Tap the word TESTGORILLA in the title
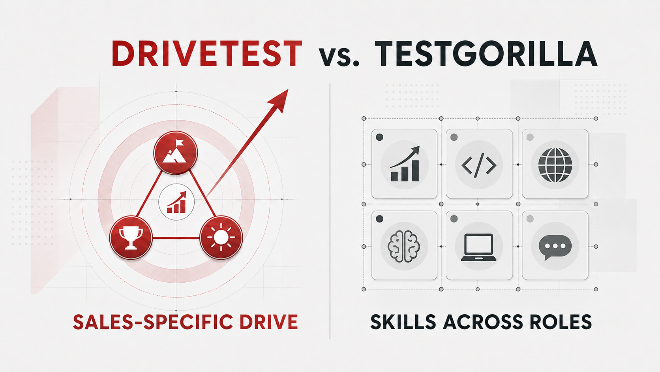tap(486, 54)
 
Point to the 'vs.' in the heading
tap(339, 57)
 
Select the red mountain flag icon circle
tap(176, 153)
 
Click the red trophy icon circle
tap(131, 238)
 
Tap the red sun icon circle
tap(221, 238)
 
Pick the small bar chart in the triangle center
tap(176, 202)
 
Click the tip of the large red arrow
tap(288, 89)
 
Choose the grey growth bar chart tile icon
tap(405, 164)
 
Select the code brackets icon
tap(479, 164)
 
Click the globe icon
tap(555, 165)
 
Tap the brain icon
tap(404, 246)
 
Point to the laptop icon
tap(478, 247)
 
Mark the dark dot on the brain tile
tap(379, 219)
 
